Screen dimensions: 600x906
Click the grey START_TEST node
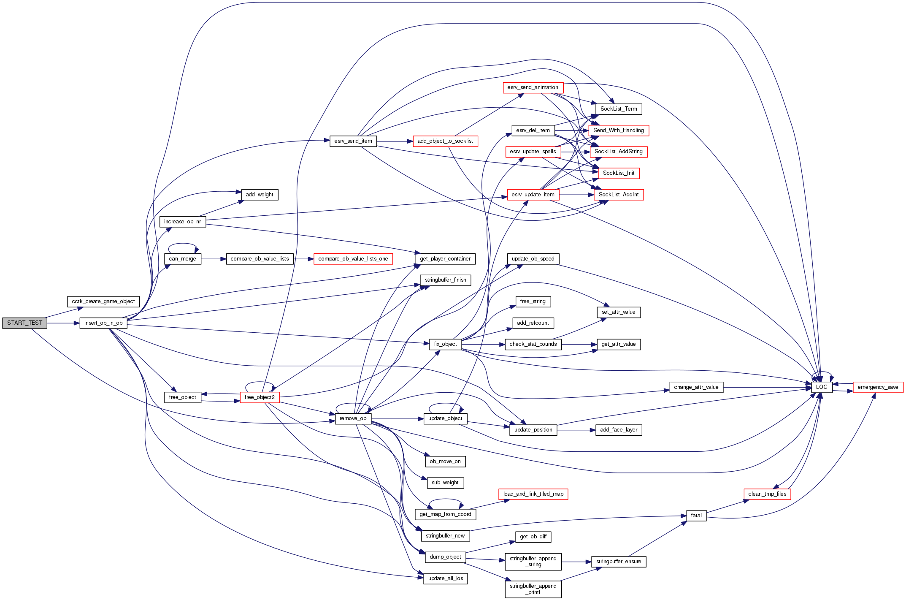tap(24, 323)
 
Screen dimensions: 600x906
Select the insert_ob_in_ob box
tap(103, 323)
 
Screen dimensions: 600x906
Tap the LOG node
tap(821, 387)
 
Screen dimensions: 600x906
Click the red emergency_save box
tap(878, 387)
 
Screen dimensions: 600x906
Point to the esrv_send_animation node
tap(533, 87)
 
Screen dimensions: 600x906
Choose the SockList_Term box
tap(619, 109)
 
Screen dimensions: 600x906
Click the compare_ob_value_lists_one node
tap(353, 259)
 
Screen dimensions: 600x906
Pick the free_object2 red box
tap(260, 397)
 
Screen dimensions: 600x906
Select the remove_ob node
tap(353, 418)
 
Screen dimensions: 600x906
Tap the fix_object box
tap(445, 344)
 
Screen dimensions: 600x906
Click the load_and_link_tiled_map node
tap(533, 494)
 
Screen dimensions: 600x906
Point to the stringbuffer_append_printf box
tap(533, 589)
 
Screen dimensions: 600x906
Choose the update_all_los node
tap(445, 578)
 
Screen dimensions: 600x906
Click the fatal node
tap(696, 516)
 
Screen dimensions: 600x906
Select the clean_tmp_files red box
tap(767, 494)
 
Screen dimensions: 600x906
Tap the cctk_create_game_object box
tap(103, 301)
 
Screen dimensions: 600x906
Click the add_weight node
tap(260, 195)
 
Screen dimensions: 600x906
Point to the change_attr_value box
tap(696, 387)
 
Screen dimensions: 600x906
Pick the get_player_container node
tap(445, 259)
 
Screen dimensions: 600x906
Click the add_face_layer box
tap(618, 430)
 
